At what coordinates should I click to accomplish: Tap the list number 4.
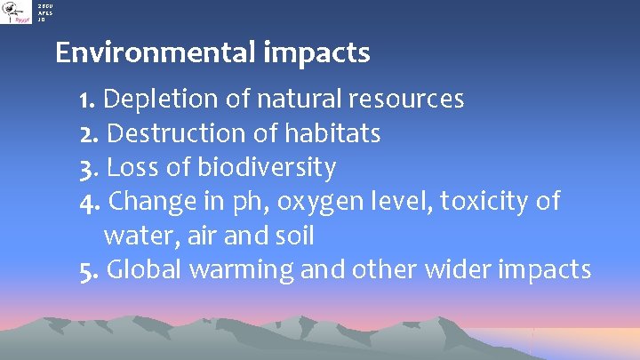(x=86, y=202)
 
